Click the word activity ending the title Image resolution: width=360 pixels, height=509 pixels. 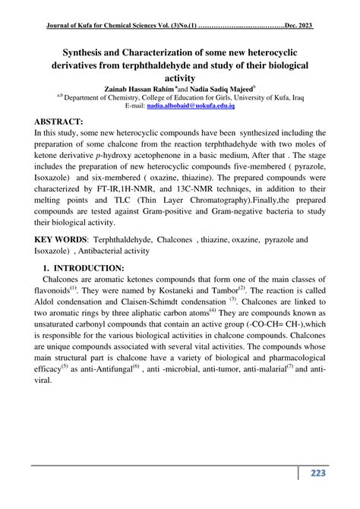tap(179, 78)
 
